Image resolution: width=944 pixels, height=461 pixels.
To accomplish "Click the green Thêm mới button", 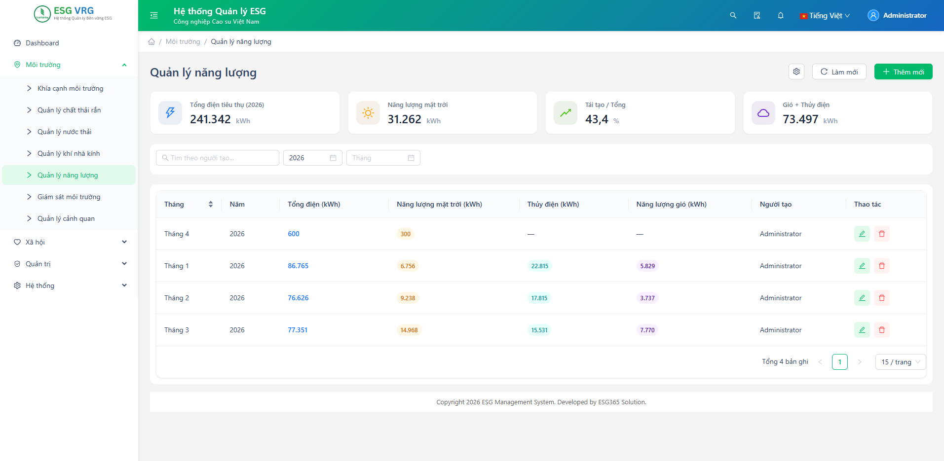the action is click(x=903, y=71).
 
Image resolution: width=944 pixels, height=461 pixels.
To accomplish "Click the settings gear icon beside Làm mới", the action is click(x=796, y=71).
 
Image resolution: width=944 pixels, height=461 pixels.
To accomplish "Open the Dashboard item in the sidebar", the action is click(x=42, y=43).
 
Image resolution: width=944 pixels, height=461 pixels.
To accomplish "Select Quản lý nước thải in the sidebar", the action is click(x=64, y=132).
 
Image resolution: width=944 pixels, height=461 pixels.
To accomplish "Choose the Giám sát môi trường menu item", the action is click(x=69, y=197).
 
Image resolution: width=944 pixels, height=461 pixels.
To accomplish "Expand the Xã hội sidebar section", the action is click(x=69, y=242).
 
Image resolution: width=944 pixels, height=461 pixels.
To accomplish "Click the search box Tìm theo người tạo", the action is click(x=218, y=158).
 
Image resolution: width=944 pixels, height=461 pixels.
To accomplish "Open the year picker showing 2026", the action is click(x=313, y=158).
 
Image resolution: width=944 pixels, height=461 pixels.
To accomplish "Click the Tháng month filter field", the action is click(x=383, y=158).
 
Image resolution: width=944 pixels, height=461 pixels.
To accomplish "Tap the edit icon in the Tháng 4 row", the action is click(x=862, y=234).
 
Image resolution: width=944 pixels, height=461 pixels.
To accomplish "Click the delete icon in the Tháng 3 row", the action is click(x=882, y=330).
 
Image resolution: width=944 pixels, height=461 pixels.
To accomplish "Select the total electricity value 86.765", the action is click(x=298, y=266).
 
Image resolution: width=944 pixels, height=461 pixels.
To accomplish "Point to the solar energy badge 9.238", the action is click(x=408, y=298).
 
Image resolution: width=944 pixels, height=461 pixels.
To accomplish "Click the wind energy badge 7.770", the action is click(x=647, y=330).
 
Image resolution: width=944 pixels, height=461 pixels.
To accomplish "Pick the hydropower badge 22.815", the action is click(x=540, y=266).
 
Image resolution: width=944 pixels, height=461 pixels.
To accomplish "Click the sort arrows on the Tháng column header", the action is click(x=211, y=204).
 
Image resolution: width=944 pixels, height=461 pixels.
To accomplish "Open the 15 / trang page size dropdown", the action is click(x=901, y=362).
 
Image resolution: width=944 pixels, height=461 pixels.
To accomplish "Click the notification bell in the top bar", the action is click(x=781, y=15).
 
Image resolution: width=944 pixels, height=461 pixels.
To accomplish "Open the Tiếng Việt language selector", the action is click(x=825, y=16).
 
